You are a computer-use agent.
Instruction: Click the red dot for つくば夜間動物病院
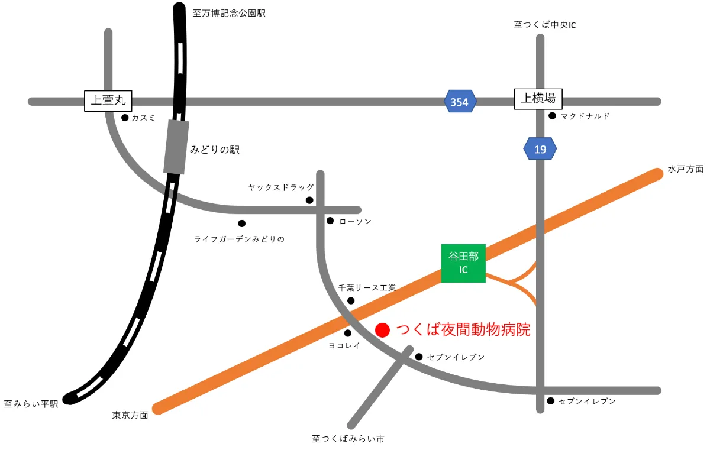pyautogui.click(x=383, y=330)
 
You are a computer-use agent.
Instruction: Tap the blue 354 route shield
pyautogui.click(x=460, y=102)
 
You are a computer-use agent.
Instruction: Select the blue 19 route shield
pyautogui.click(x=540, y=149)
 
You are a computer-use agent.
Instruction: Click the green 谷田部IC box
pyautogui.click(x=463, y=263)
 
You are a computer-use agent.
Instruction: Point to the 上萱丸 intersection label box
pyautogui.click(x=109, y=100)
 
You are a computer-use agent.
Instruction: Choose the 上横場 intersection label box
pyautogui.click(x=538, y=98)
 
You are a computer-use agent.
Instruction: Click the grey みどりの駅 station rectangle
pyautogui.click(x=176, y=147)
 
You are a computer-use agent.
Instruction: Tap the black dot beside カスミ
pyautogui.click(x=125, y=118)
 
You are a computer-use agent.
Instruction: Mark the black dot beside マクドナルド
pyautogui.click(x=552, y=116)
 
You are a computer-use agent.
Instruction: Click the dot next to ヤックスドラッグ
pyautogui.click(x=309, y=200)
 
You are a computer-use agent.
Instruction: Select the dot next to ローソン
pyautogui.click(x=330, y=221)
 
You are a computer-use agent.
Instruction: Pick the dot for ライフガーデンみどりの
pyautogui.click(x=241, y=224)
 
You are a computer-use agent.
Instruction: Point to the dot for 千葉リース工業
pyautogui.click(x=351, y=301)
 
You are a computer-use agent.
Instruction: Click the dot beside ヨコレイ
pyautogui.click(x=348, y=333)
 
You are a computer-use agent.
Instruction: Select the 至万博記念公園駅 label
pyautogui.click(x=229, y=12)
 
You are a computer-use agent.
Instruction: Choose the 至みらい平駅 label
pyautogui.click(x=31, y=404)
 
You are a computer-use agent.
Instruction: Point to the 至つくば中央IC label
pyautogui.click(x=544, y=25)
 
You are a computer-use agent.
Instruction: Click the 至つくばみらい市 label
pyautogui.click(x=348, y=439)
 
